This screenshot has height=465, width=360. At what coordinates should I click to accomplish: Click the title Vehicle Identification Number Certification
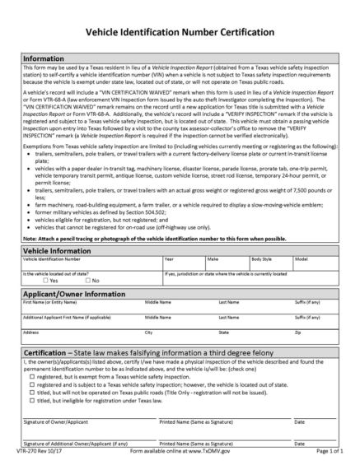(180, 33)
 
